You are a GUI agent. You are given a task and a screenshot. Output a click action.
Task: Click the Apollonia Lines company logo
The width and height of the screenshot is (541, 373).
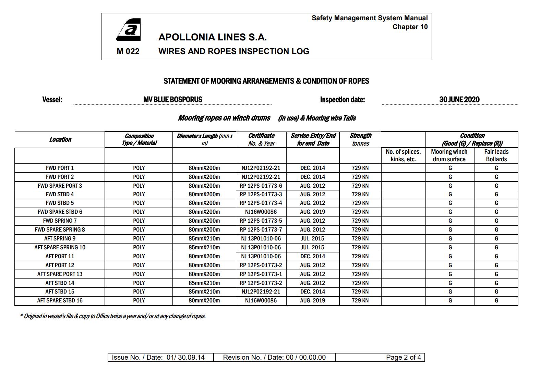[x=129, y=30]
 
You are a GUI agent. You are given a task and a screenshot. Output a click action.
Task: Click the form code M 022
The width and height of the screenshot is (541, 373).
[x=128, y=51]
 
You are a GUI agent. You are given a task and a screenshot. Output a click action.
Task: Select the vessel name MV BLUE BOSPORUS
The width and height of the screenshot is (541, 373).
[x=173, y=100]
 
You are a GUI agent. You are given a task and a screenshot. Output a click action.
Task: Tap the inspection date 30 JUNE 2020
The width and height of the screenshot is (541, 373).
[x=459, y=100]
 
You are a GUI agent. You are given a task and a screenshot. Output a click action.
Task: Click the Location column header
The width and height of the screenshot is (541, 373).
[x=60, y=139]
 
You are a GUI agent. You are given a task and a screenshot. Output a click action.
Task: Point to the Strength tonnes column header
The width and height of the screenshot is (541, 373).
[x=360, y=139]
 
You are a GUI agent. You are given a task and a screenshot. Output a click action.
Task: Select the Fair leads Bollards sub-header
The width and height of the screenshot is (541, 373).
[x=496, y=156]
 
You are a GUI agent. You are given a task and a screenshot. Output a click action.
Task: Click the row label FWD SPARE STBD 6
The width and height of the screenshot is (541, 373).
[x=60, y=212]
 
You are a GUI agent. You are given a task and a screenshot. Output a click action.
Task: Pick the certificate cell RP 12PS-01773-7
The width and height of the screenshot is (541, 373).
[x=261, y=230]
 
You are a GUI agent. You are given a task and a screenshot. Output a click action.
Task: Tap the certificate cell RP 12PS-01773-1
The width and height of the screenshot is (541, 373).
[x=261, y=274]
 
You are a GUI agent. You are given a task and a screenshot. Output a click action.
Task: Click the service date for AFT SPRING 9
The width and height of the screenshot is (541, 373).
[x=312, y=239]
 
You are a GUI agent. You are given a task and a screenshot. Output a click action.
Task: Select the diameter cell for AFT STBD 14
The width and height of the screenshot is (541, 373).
[x=204, y=283]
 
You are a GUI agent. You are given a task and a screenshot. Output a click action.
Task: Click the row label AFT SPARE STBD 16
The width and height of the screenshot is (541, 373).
[x=60, y=301]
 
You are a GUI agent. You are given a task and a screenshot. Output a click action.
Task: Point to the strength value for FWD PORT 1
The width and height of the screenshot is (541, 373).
[x=360, y=168]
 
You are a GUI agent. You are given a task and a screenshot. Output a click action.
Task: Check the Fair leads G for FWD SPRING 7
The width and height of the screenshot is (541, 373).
[x=496, y=221]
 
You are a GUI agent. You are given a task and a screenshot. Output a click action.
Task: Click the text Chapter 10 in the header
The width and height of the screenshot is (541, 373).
[x=410, y=27]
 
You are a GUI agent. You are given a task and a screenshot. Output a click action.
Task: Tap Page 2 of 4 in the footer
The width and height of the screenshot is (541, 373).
[x=403, y=358]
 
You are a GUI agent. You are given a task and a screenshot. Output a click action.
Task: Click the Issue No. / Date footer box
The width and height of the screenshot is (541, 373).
[x=158, y=358]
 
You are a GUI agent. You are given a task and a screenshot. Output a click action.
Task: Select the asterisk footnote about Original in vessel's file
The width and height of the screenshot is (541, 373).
[x=113, y=316]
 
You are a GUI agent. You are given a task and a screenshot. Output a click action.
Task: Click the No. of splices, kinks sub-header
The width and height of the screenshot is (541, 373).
[x=403, y=156]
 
